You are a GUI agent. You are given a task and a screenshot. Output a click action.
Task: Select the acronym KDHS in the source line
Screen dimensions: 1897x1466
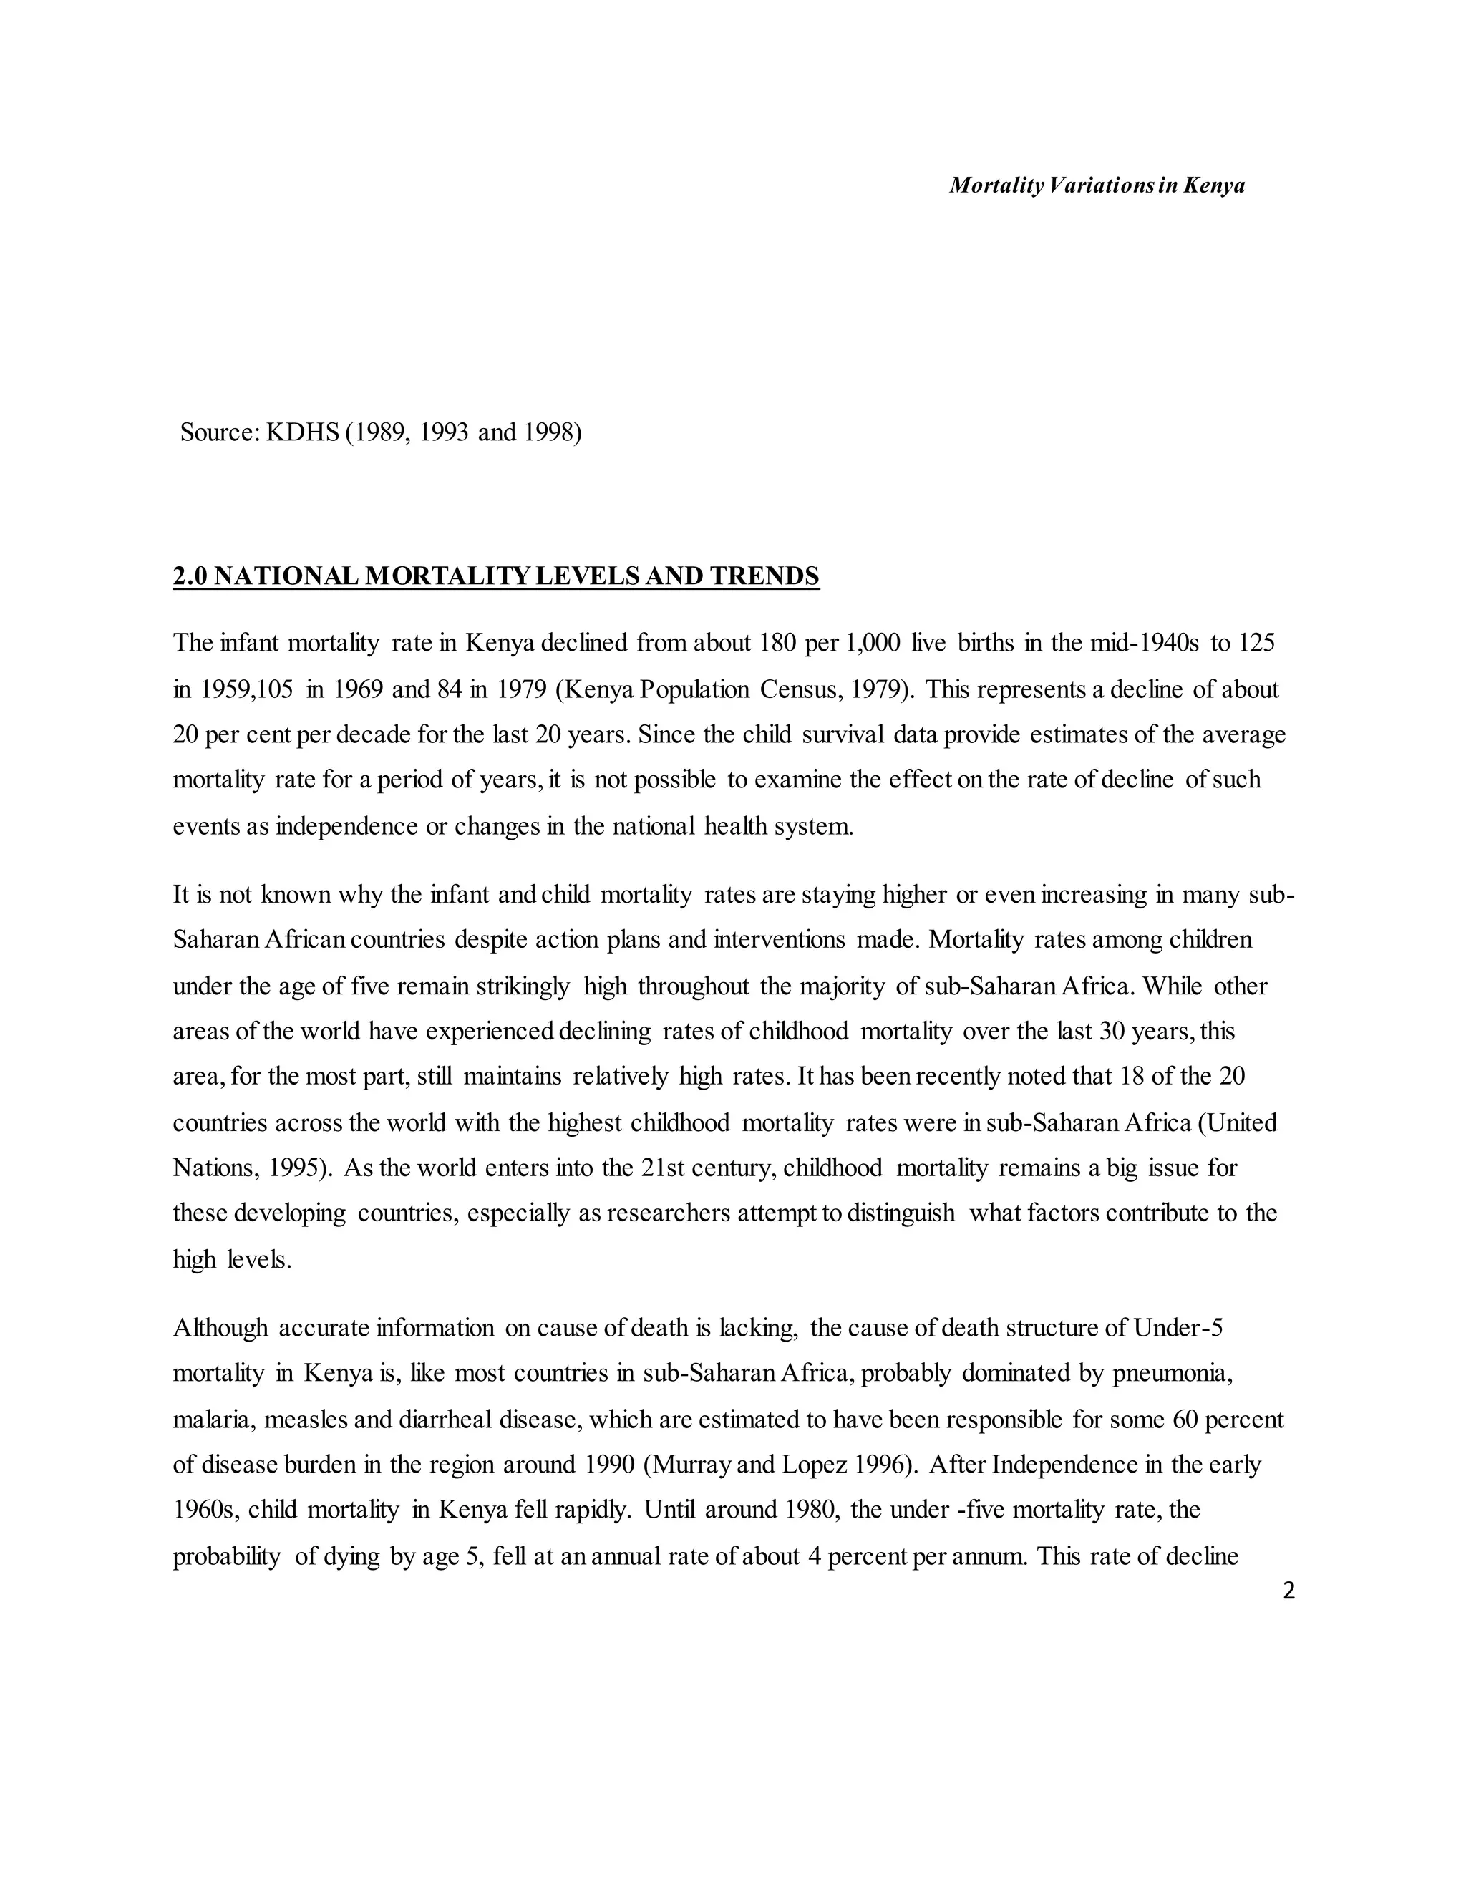(302, 432)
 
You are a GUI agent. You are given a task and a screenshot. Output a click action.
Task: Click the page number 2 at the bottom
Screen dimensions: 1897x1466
(1288, 1591)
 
